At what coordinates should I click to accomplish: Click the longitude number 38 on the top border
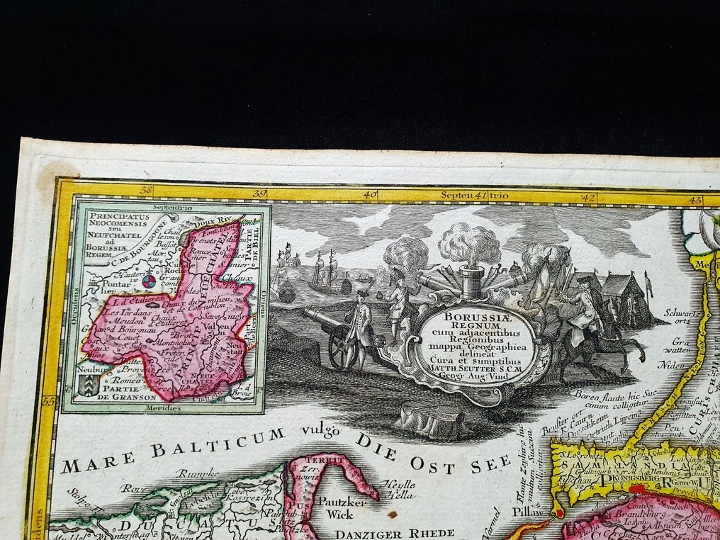click(147, 191)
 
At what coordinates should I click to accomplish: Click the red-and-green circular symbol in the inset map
click(150, 282)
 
